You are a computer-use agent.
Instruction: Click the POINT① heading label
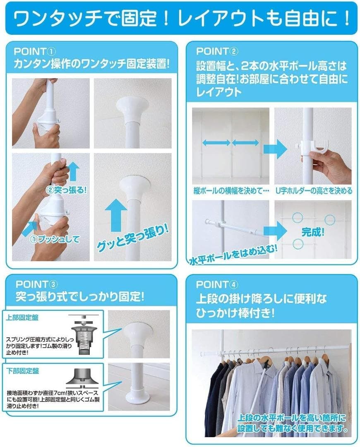[34, 52]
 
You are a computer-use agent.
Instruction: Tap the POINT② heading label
[217, 52]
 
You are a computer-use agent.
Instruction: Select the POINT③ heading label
[36, 284]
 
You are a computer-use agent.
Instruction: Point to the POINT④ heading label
[217, 284]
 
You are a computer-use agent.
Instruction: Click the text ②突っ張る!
[66, 190]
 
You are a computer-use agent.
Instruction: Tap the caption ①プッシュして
[55, 239]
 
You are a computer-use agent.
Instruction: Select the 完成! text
[313, 232]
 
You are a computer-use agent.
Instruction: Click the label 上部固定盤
[22, 317]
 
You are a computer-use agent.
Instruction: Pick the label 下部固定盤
[22, 371]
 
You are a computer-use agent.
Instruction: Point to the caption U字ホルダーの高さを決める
[314, 191]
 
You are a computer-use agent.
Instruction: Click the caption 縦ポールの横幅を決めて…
[231, 191]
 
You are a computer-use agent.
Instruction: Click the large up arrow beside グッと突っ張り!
[115, 215]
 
